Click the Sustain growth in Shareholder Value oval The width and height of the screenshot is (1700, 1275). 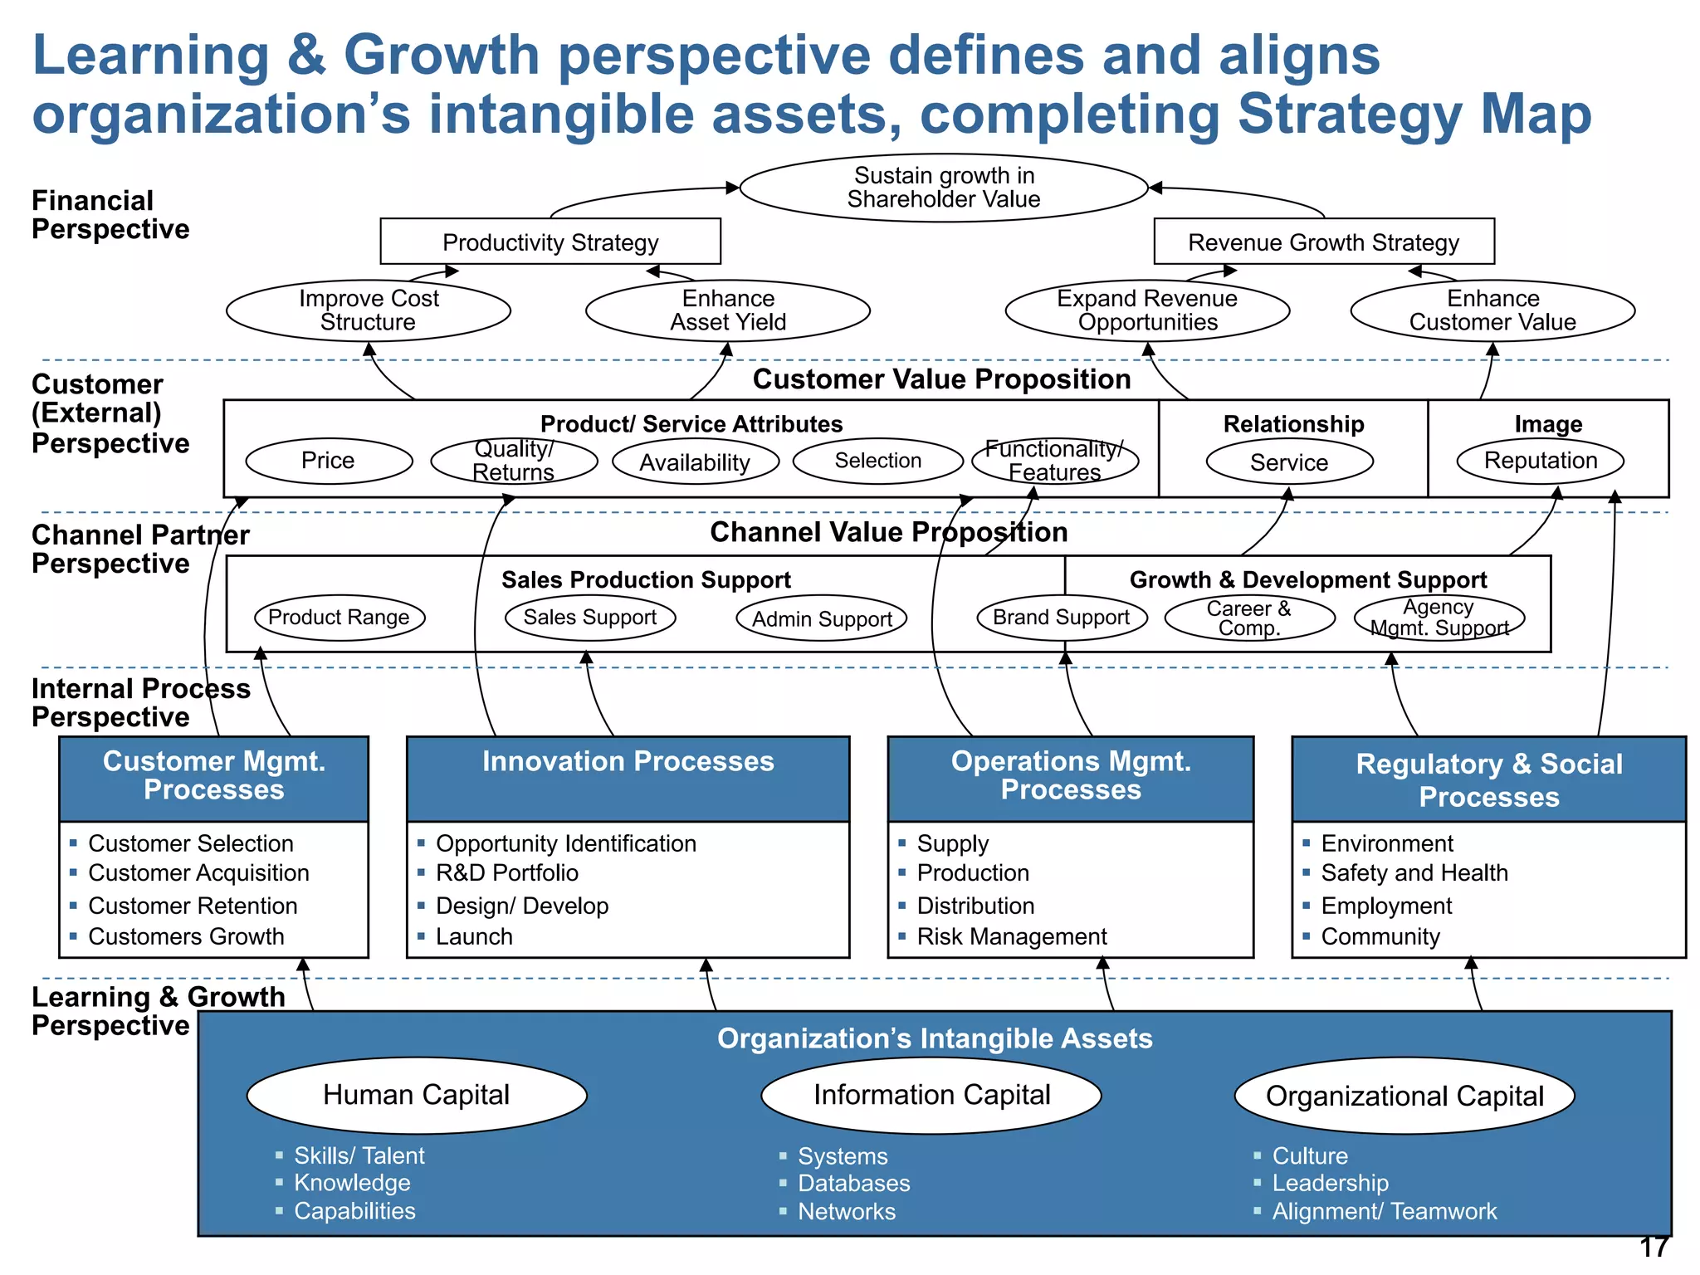943,188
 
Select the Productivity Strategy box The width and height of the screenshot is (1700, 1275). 550,242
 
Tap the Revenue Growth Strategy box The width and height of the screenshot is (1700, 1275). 1323,242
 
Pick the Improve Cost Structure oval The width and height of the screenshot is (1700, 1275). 369,310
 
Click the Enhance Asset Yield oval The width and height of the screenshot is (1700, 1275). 728,310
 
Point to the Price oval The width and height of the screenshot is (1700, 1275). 329,461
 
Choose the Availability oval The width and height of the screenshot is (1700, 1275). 696,462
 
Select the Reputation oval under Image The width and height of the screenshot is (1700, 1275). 1541,461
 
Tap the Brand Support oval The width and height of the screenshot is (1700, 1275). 1062,618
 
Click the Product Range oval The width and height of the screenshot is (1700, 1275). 339,618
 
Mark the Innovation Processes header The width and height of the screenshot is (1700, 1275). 628,762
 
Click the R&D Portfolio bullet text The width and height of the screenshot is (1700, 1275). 507,873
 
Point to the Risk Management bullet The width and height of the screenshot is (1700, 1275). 1012,937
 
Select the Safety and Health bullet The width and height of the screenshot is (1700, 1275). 1414,873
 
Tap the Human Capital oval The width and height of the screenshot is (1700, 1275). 417,1095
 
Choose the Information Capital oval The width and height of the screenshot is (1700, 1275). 931,1095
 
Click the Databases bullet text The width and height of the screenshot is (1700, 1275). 854,1184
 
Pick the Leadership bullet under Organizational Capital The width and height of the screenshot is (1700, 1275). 1330,1184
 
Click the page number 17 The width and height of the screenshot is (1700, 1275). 1654,1248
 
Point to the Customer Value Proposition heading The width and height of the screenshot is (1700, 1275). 941,379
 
